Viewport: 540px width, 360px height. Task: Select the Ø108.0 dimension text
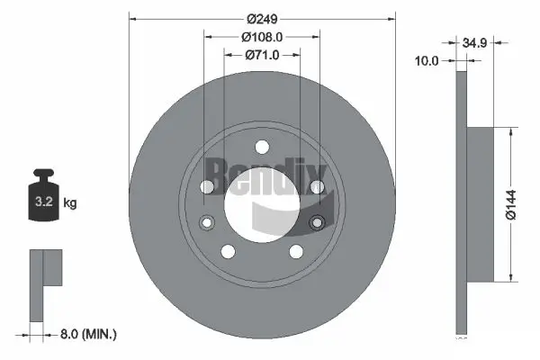pos(262,37)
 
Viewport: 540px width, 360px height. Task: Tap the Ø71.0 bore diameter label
pos(262,55)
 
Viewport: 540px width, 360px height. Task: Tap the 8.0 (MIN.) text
pos(87,334)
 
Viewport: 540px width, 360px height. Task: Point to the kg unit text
pos(70,203)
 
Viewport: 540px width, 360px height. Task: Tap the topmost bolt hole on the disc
pos(262,147)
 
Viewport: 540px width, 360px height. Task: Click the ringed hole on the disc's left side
pos(207,222)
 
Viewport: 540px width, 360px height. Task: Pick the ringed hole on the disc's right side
pos(316,222)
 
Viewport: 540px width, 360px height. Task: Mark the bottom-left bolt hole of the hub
pos(229,252)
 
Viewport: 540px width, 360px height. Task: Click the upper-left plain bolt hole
pos(207,186)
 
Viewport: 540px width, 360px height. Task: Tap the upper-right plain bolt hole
pos(317,186)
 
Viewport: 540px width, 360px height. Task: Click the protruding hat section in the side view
pos(482,202)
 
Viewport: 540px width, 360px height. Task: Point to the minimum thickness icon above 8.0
pos(44,283)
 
